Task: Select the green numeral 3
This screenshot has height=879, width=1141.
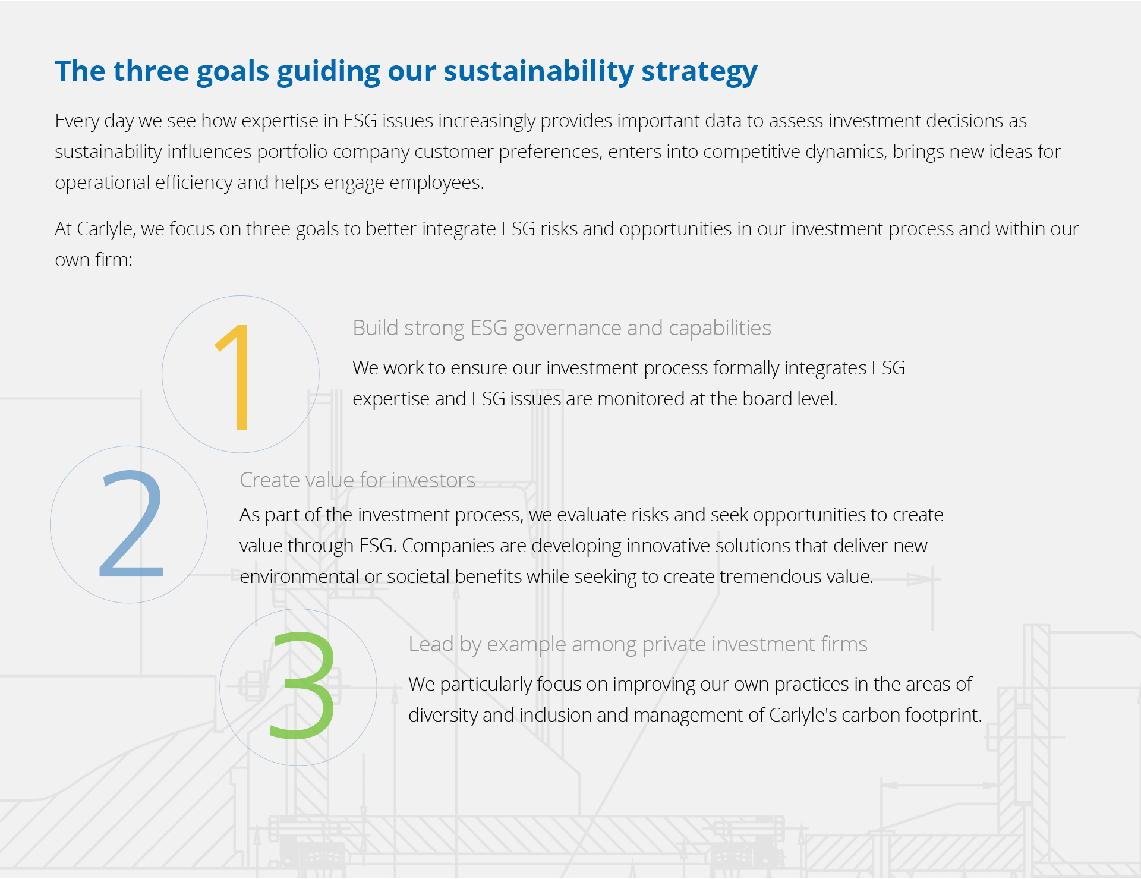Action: pos(302,685)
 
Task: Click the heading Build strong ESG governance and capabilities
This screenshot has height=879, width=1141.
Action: pos(562,329)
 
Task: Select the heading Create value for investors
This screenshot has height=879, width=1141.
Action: pos(357,480)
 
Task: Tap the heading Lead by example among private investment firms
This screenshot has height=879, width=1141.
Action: pos(638,645)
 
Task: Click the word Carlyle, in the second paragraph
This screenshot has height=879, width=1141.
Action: pos(106,230)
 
